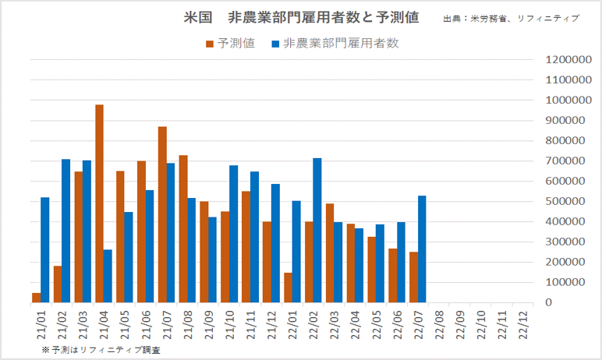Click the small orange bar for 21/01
[37, 298]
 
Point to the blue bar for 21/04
[108, 276]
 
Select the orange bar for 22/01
[288, 288]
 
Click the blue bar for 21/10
[233, 234]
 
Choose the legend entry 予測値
[230, 44]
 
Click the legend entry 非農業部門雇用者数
[335, 44]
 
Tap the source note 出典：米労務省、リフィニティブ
[511, 18]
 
